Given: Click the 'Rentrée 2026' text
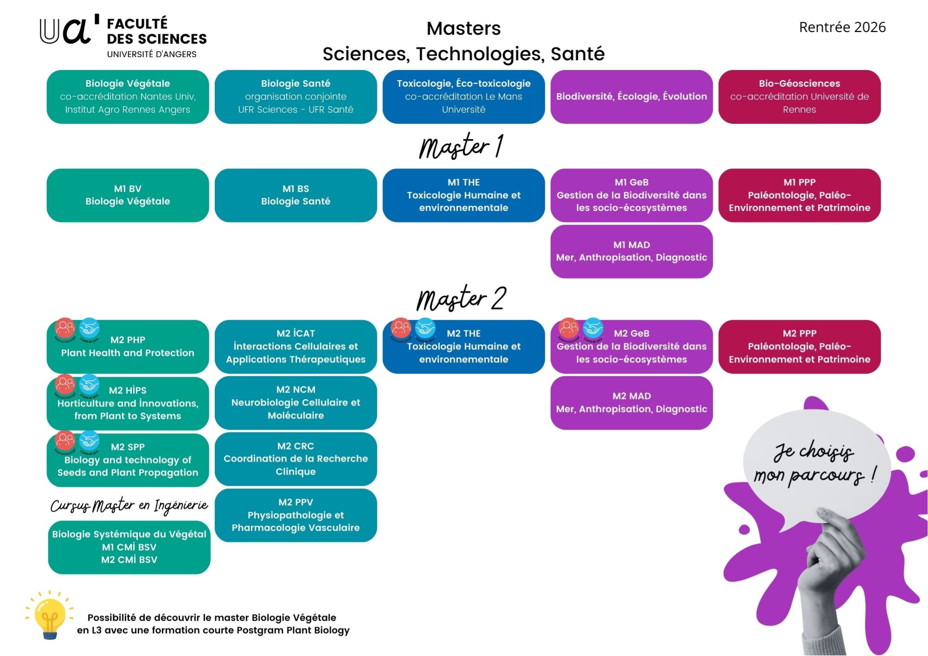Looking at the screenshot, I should tap(842, 27).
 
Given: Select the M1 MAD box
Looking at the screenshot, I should tap(632, 251).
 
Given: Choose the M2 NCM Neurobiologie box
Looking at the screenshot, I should tap(296, 403).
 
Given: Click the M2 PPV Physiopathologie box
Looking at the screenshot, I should tap(296, 515).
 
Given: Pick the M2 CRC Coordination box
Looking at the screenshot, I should tap(296, 459).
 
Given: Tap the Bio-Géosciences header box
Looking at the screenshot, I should tap(799, 96).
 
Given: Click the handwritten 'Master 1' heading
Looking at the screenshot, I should tap(461, 147).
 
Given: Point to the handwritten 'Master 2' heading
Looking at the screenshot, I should tap(461, 298).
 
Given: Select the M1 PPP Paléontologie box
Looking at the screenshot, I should tap(799, 195).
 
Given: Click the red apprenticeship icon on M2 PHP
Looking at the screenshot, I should tap(65, 328).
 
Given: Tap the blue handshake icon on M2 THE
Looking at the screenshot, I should tap(425, 328).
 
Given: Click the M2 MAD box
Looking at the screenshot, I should tap(632, 403).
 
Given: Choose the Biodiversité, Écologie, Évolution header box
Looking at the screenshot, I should tap(632, 96).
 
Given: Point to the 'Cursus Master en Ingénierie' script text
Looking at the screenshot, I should tap(129, 505).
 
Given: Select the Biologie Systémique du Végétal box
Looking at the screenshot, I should tap(129, 547).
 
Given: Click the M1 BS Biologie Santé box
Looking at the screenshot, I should tap(296, 195).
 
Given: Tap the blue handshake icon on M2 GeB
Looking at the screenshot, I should tap(593, 328).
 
